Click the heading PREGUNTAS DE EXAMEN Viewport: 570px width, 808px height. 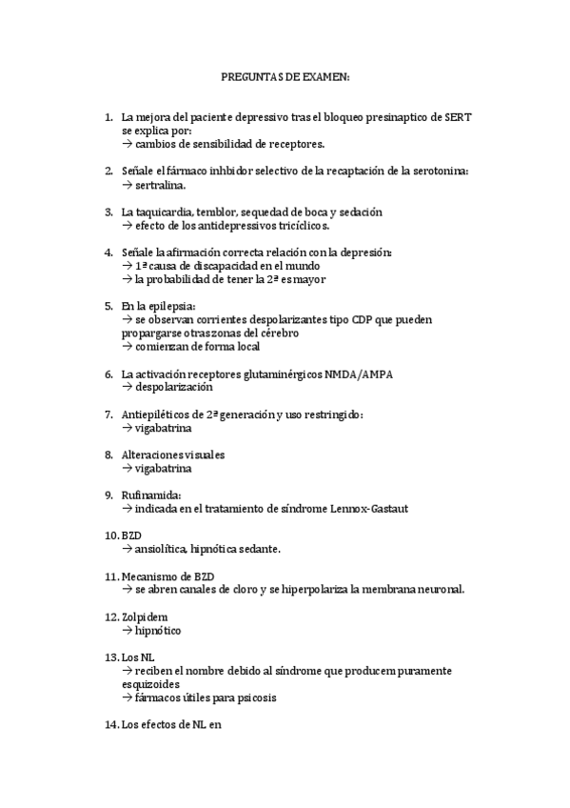pos(285,75)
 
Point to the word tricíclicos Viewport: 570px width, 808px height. pos(301,225)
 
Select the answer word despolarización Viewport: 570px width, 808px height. pos(174,388)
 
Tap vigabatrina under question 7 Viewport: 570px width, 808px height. pos(164,429)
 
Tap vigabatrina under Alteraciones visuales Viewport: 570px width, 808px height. pos(164,469)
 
